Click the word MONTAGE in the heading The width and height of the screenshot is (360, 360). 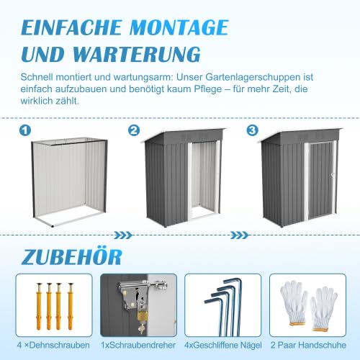(179, 27)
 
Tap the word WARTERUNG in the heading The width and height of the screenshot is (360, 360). (136, 54)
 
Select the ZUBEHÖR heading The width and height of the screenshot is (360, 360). (72, 256)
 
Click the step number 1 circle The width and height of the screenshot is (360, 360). (25, 130)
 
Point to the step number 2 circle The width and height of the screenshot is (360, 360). (134, 130)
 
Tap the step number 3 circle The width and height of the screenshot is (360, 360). (253, 130)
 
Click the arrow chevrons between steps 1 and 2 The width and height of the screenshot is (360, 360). (123, 235)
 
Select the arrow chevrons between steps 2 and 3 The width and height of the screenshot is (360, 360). (239, 235)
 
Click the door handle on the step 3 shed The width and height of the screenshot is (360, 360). (332, 175)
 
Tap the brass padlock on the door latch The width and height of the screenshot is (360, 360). (141, 315)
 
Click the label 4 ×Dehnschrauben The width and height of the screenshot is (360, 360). (53, 345)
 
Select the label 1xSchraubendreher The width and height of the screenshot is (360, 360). (138, 345)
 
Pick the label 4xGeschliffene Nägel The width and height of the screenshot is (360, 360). (223, 345)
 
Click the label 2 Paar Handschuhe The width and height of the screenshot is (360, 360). (308, 345)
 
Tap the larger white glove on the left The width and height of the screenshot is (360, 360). (294, 303)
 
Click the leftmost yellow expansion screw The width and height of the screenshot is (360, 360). (39, 307)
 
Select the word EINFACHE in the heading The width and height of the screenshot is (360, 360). (71, 27)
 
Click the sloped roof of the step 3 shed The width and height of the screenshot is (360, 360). (302, 136)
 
